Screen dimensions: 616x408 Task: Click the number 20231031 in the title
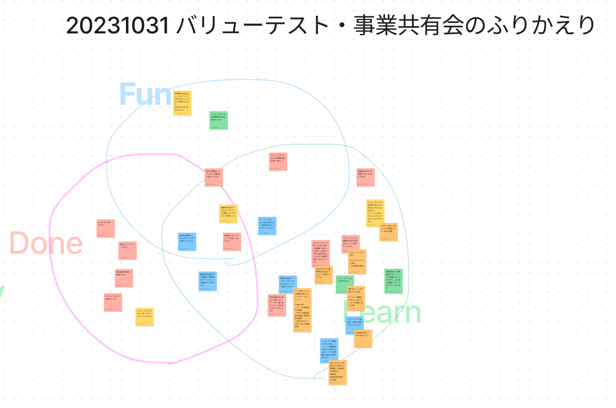(x=118, y=26)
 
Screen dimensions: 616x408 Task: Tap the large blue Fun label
(x=144, y=94)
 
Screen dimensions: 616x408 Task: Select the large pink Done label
(x=46, y=244)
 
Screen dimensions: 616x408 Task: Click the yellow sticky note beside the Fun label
(x=182, y=103)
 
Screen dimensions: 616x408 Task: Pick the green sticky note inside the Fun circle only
(x=218, y=120)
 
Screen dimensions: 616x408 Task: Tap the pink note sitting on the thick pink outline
(x=213, y=177)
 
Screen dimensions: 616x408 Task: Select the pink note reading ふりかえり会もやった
(x=105, y=228)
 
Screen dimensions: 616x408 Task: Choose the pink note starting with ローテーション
(x=113, y=302)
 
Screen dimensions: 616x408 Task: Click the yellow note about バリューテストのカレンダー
(x=144, y=316)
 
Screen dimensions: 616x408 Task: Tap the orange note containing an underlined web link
(x=338, y=372)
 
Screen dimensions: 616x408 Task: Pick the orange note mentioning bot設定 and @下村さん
(x=363, y=338)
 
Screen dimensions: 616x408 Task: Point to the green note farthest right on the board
(x=393, y=281)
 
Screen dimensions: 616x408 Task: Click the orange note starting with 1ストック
(x=388, y=232)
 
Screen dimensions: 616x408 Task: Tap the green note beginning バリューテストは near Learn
(x=344, y=284)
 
